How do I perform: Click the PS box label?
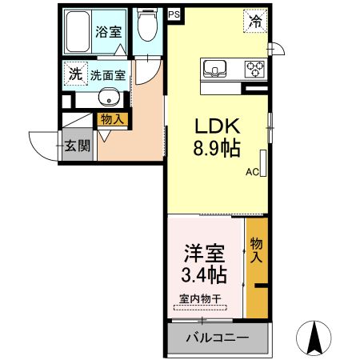point(174,14)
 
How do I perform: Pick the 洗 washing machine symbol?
point(74,74)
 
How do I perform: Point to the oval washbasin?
point(110,99)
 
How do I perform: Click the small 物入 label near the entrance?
point(110,120)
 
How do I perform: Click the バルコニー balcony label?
point(217,338)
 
